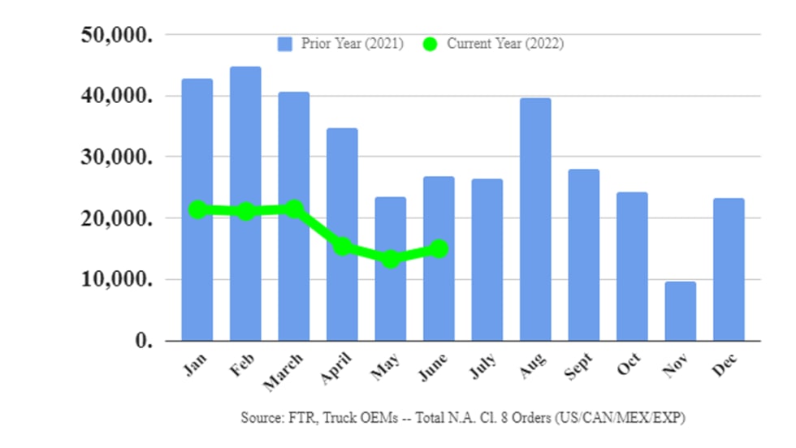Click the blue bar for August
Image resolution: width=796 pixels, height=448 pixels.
tap(535, 219)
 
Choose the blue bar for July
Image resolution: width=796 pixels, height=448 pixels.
tap(487, 260)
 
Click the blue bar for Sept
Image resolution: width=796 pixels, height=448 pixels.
tap(583, 255)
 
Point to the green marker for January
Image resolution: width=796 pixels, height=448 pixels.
tap(197, 209)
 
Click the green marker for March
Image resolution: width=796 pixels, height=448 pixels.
tap(294, 209)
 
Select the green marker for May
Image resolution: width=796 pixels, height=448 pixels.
tap(391, 260)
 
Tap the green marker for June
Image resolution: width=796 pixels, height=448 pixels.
tap(439, 248)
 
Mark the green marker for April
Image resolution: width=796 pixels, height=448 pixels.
tap(342, 247)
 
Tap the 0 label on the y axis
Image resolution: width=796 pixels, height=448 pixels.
tap(144, 341)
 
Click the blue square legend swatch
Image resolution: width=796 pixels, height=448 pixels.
tap(283, 44)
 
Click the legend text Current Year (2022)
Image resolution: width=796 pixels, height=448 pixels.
tap(505, 44)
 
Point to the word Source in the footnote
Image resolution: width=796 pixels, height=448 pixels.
tap(261, 417)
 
